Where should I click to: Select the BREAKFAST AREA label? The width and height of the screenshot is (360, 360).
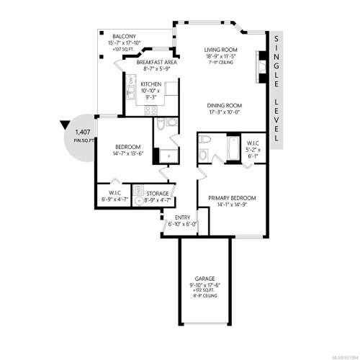pos(157,62)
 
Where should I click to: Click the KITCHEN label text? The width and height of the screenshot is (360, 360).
pos(151,84)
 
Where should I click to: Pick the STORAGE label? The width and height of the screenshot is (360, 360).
pos(158,194)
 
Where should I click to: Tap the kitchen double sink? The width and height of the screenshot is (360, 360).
pos(130,91)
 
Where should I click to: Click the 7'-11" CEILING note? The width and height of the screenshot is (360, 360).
pos(222,62)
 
